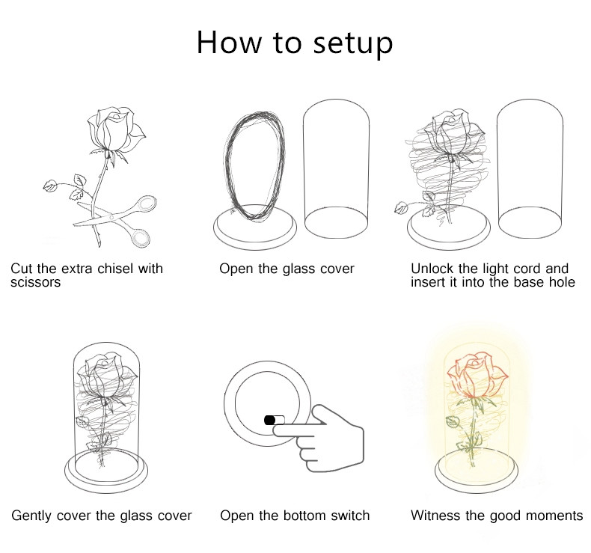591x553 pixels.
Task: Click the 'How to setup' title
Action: point(294,43)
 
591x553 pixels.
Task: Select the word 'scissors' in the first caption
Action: point(35,282)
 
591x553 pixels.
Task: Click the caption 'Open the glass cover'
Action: point(287,269)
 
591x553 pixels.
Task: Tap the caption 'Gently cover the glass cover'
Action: point(102,516)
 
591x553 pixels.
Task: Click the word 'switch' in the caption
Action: point(350,516)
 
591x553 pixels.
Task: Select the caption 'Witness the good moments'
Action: point(497,516)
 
